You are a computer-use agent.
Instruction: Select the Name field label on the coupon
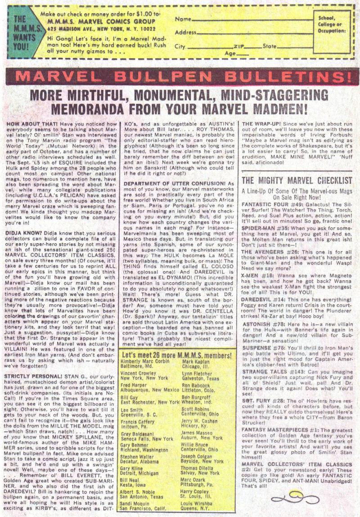point(182,19)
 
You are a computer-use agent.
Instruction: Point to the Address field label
point(185,33)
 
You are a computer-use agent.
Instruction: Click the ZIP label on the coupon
point(238,46)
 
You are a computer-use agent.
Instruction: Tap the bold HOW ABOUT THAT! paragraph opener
point(27,124)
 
